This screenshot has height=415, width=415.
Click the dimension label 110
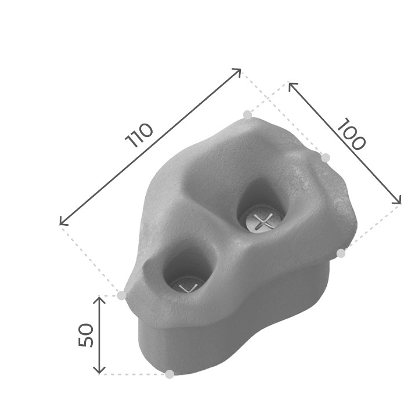click(139, 135)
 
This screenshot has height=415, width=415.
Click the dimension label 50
click(86, 335)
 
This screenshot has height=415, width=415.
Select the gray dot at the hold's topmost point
click(247, 115)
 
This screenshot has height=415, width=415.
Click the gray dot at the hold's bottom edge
click(169, 374)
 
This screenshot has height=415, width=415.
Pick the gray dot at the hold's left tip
click(121, 295)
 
